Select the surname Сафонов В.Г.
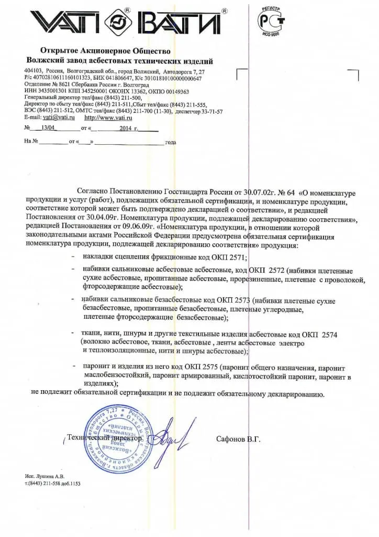[x=238, y=439]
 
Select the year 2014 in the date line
[x=125, y=128]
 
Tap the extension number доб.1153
[x=71, y=484]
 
